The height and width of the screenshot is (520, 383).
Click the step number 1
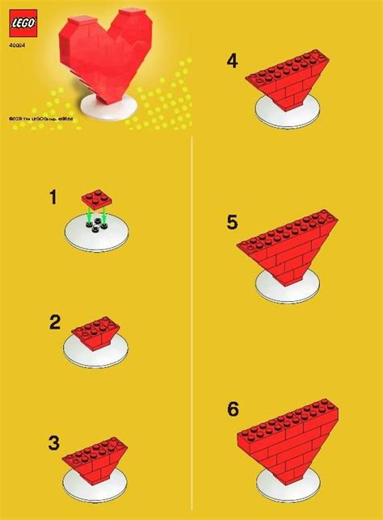53,197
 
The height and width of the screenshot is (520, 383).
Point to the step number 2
55,322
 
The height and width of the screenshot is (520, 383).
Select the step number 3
53,442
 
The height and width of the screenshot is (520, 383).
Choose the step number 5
233,222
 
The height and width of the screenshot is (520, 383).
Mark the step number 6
233,409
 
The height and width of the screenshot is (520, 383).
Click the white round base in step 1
98,233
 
